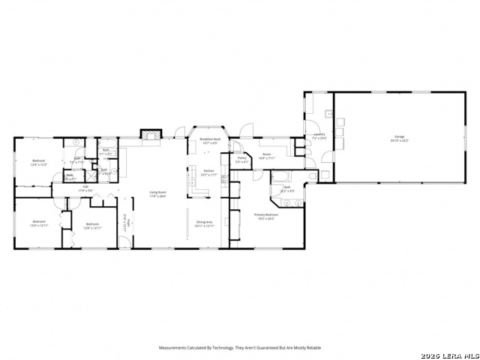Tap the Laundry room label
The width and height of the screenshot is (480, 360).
(318, 134)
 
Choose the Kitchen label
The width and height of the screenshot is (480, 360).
(209, 171)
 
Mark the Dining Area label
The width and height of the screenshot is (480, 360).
(205, 222)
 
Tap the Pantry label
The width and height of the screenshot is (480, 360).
(242, 158)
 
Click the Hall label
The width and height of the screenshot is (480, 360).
(85, 187)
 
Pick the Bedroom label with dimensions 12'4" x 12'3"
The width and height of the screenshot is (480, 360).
(39, 161)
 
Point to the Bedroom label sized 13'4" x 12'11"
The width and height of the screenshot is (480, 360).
(39, 222)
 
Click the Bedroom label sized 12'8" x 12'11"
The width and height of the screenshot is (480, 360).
(92, 223)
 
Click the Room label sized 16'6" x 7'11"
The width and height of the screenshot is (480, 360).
(266, 156)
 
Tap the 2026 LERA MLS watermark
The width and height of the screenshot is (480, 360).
(449, 354)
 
